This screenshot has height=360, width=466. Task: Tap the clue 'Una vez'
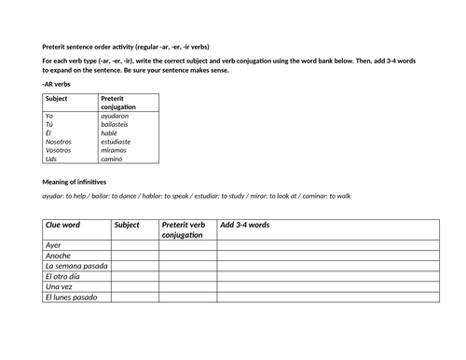[x=60, y=286]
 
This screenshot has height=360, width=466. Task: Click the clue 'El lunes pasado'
[x=73, y=297]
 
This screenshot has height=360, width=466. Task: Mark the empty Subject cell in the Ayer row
[x=134, y=245]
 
